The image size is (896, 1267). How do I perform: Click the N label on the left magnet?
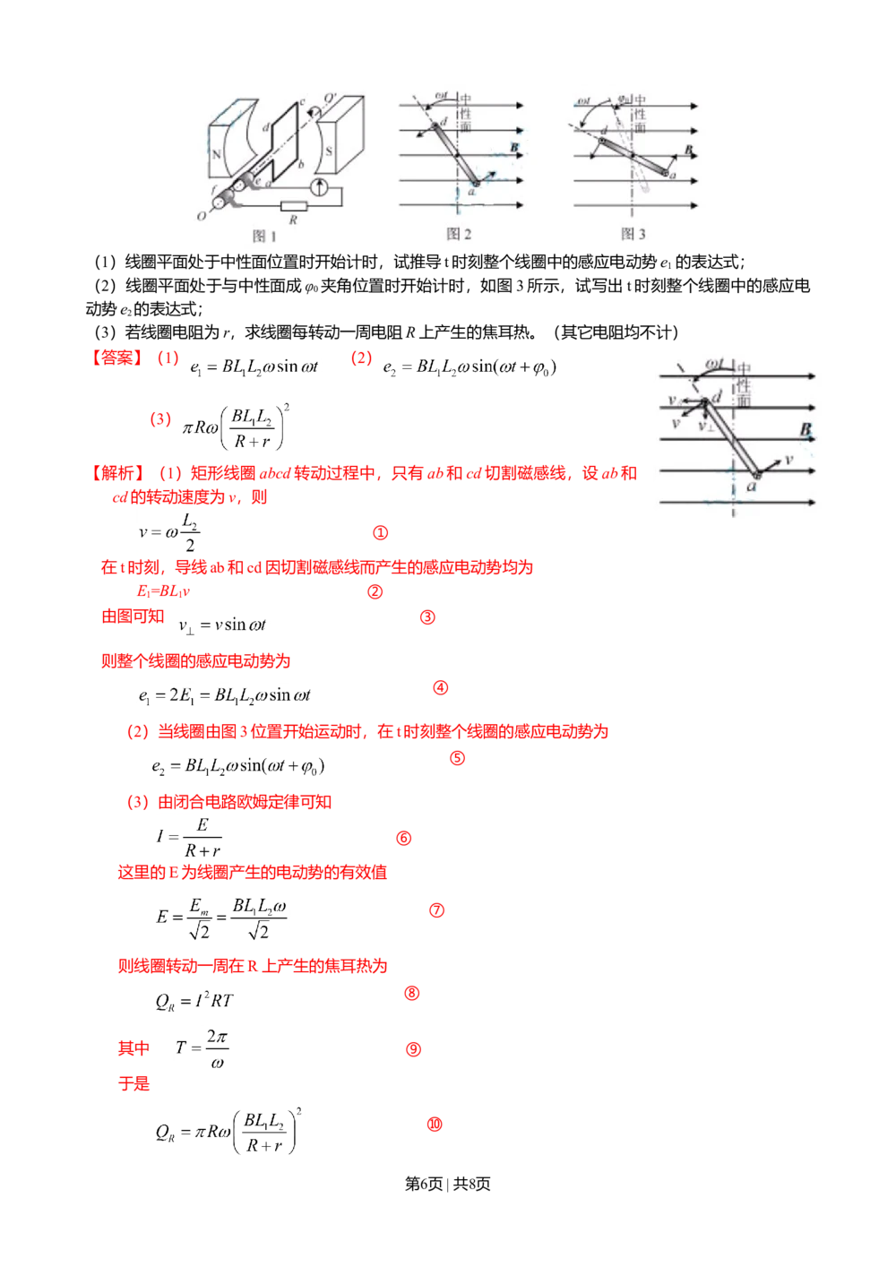click(217, 153)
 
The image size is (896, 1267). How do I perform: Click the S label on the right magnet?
click(329, 151)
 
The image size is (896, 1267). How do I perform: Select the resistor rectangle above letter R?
click(292, 205)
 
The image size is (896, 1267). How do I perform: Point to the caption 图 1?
click(265, 236)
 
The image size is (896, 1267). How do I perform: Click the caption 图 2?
click(459, 234)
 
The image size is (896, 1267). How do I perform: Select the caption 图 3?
click(633, 234)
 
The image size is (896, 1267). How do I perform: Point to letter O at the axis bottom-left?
click(201, 216)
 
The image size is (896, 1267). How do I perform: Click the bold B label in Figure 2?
click(514, 146)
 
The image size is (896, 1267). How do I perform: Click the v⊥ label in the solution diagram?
click(706, 425)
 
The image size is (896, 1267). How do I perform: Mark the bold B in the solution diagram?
click(805, 430)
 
